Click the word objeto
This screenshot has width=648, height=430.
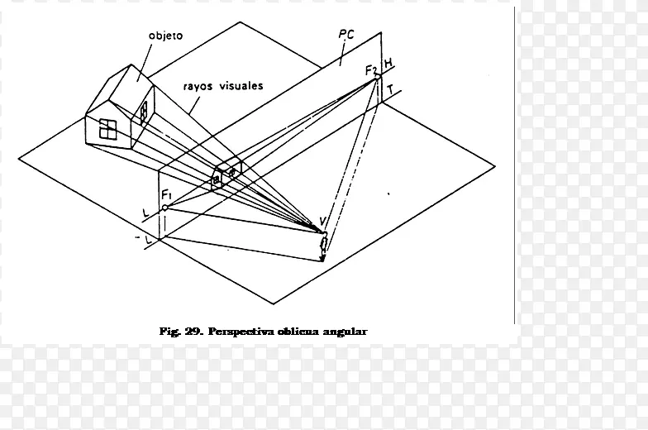pyautogui.click(x=165, y=36)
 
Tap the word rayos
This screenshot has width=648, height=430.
pyautogui.click(x=198, y=86)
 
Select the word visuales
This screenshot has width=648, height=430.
pyautogui.click(x=241, y=85)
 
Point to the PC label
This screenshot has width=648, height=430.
pyautogui.click(x=346, y=35)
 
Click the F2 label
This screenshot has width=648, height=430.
pyautogui.click(x=371, y=70)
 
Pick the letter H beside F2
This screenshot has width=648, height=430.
pyautogui.click(x=388, y=64)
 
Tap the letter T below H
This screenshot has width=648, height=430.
pyautogui.click(x=390, y=89)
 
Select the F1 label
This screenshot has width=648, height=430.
pyautogui.click(x=167, y=193)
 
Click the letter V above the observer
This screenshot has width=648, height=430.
pyautogui.click(x=323, y=222)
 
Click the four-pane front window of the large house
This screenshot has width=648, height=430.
pyautogui.click(x=107, y=129)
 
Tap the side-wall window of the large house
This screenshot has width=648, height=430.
pyautogui.click(x=144, y=112)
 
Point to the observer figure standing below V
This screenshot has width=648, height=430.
pyautogui.click(x=323, y=247)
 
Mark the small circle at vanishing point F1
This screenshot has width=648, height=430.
pyautogui.click(x=164, y=208)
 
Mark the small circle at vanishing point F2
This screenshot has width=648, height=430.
pyautogui.click(x=377, y=76)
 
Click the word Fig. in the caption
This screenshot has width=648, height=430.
pyautogui.click(x=169, y=332)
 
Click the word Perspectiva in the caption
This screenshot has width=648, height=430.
pyautogui.click(x=241, y=332)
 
